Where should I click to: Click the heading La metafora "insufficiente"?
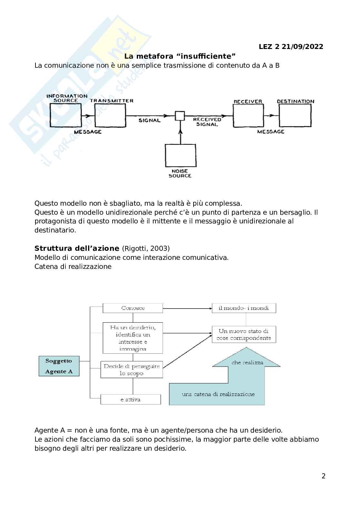pyautogui.click(x=180, y=56)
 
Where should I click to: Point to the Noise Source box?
pyautogui.click(x=180, y=155)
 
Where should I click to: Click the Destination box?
pyautogui.click(x=295, y=116)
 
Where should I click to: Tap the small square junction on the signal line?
pyautogui.click(x=180, y=116)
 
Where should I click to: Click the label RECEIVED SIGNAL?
pyautogui.click(x=207, y=122)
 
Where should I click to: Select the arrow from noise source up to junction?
pyautogui.click(x=180, y=132)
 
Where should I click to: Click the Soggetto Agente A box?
pyautogui.click(x=59, y=366)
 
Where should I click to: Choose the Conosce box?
pyautogui.click(x=133, y=308)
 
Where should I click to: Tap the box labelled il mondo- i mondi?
pyautogui.click(x=244, y=308)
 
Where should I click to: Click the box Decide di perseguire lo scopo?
pyautogui.click(x=132, y=370)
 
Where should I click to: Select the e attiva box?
pyautogui.click(x=131, y=399)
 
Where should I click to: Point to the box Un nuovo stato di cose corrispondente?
pyautogui.click(x=244, y=335)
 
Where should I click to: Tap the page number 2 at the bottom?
pyautogui.click(x=324, y=476)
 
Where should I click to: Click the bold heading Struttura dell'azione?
pyautogui.click(x=77, y=249)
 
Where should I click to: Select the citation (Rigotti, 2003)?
pyautogui.click(x=145, y=249)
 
